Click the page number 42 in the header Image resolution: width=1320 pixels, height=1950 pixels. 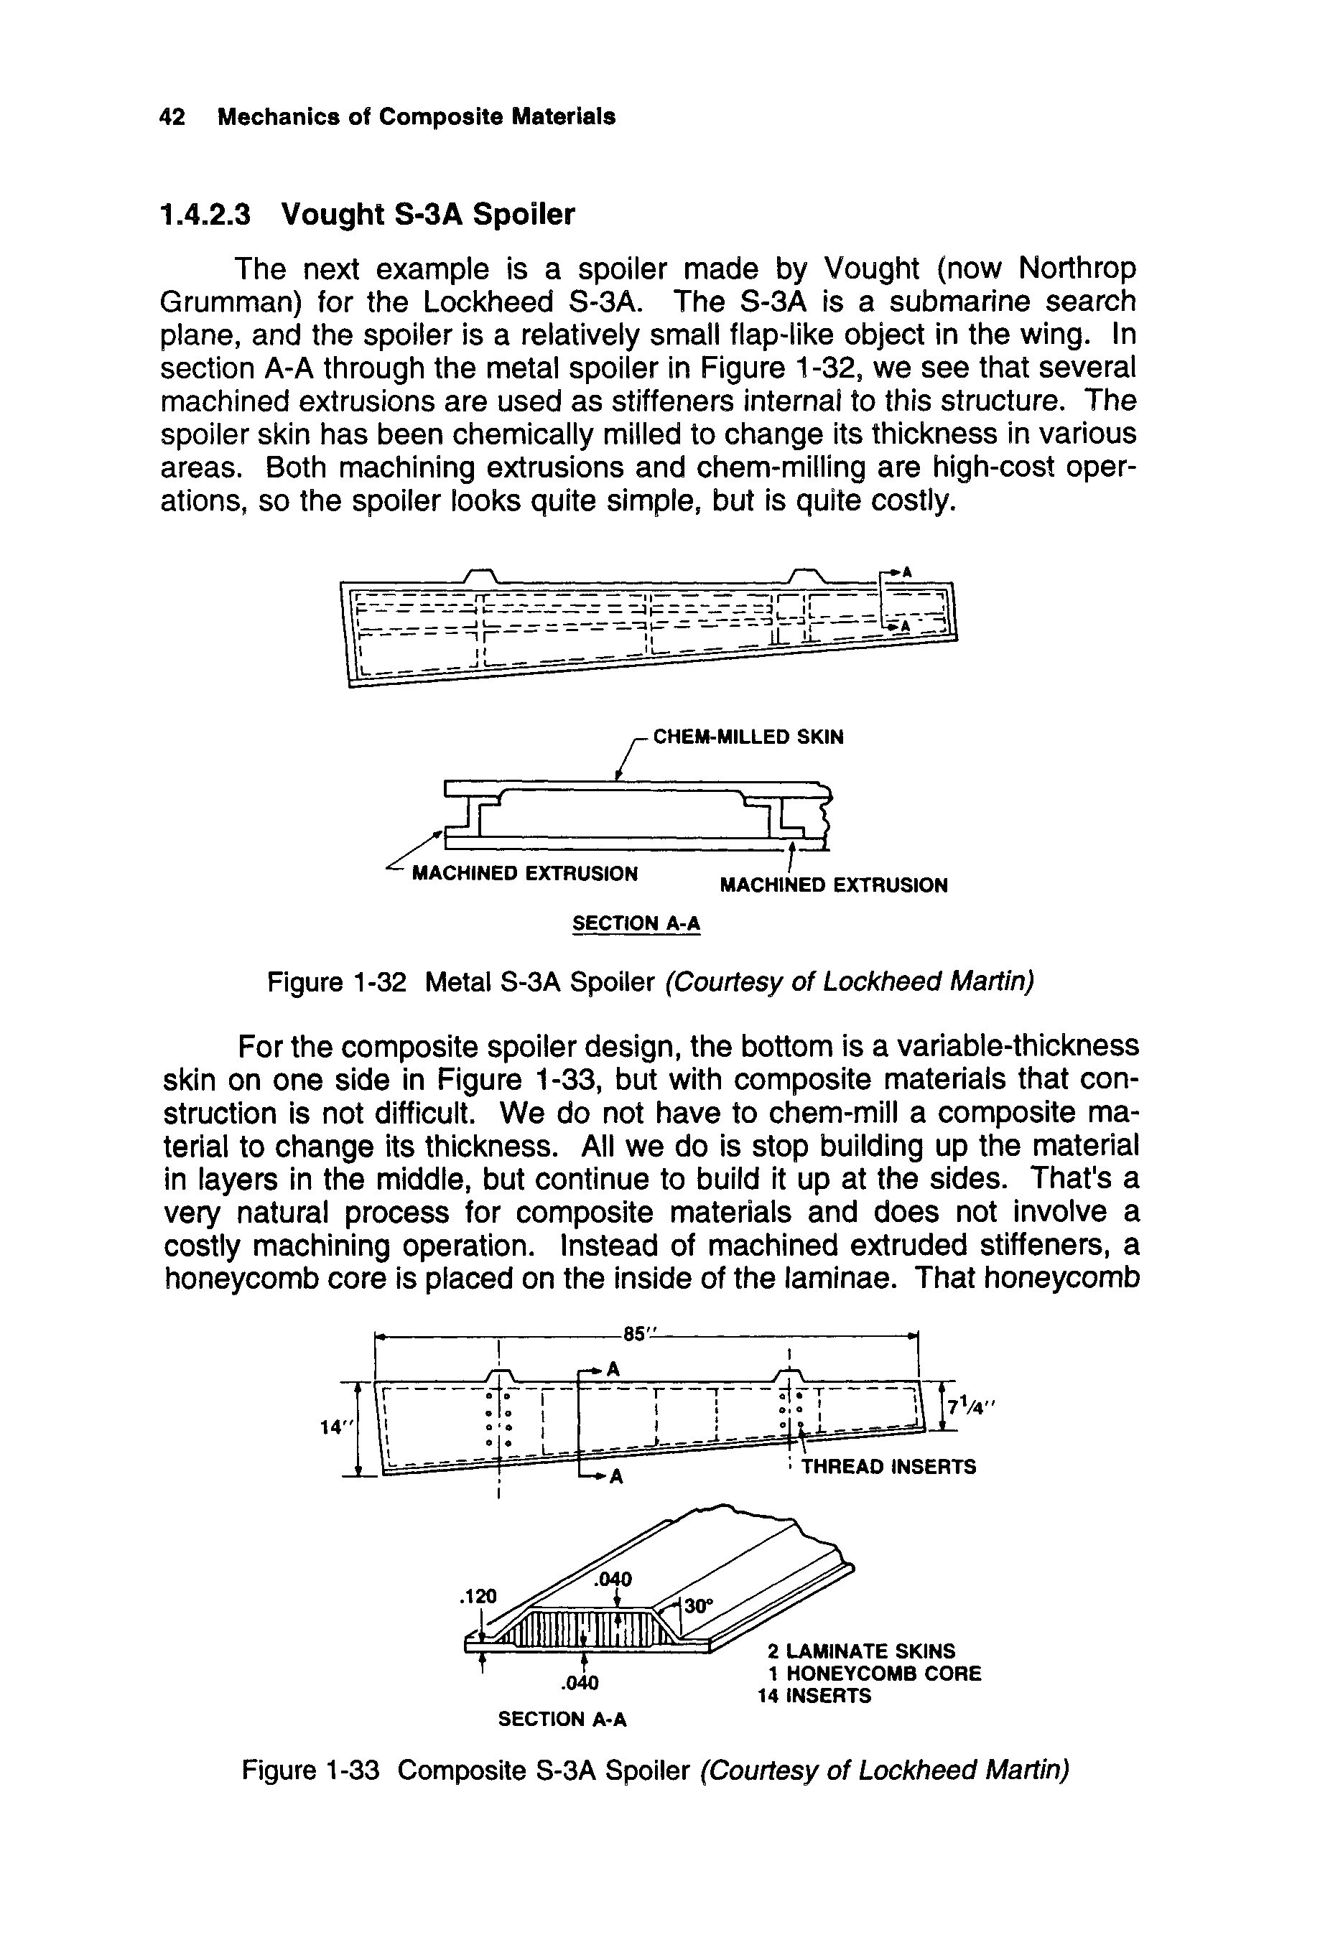(172, 116)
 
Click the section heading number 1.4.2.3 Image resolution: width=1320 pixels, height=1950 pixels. (205, 215)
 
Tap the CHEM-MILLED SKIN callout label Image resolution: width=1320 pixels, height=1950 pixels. (748, 737)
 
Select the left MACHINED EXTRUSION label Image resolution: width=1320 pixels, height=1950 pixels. (524, 874)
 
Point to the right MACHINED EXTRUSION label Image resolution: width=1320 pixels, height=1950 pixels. (834, 885)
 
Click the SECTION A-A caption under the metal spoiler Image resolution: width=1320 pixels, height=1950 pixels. (636, 923)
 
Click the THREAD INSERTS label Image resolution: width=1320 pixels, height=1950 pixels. (888, 1466)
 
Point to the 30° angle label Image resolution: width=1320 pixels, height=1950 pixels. (698, 1605)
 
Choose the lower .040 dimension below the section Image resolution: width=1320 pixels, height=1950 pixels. (580, 1682)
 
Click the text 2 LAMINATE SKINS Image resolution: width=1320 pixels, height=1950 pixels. (861, 1651)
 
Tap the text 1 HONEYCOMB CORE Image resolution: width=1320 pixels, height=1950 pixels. (873, 1673)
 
